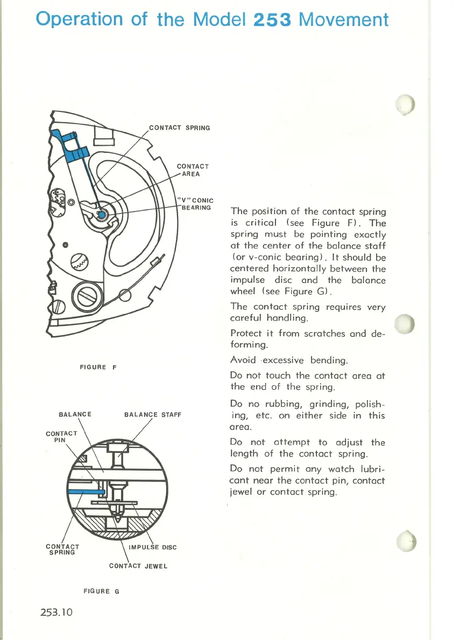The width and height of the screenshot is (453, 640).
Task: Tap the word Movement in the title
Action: pyautogui.click(x=344, y=19)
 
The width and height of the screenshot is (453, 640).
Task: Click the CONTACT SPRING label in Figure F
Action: pyautogui.click(x=179, y=128)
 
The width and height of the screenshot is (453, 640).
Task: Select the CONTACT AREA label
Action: pyautogui.click(x=193, y=170)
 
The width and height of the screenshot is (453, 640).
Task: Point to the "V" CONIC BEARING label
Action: pyautogui.click(x=196, y=204)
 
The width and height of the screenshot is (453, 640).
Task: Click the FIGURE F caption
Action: pyautogui.click(x=98, y=367)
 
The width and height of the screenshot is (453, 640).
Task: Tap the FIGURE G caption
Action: pyautogui.click(x=101, y=591)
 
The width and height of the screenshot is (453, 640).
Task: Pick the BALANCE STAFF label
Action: pyautogui.click(x=153, y=415)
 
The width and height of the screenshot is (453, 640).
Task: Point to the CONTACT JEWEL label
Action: pyautogui.click(x=138, y=566)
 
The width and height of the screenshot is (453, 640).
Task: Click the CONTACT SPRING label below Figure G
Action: pyautogui.click(x=62, y=550)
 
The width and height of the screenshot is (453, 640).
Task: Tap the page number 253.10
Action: pyautogui.click(x=59, y=613)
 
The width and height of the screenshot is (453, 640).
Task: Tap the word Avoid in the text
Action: pyautogui.click(x=243, y=360)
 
